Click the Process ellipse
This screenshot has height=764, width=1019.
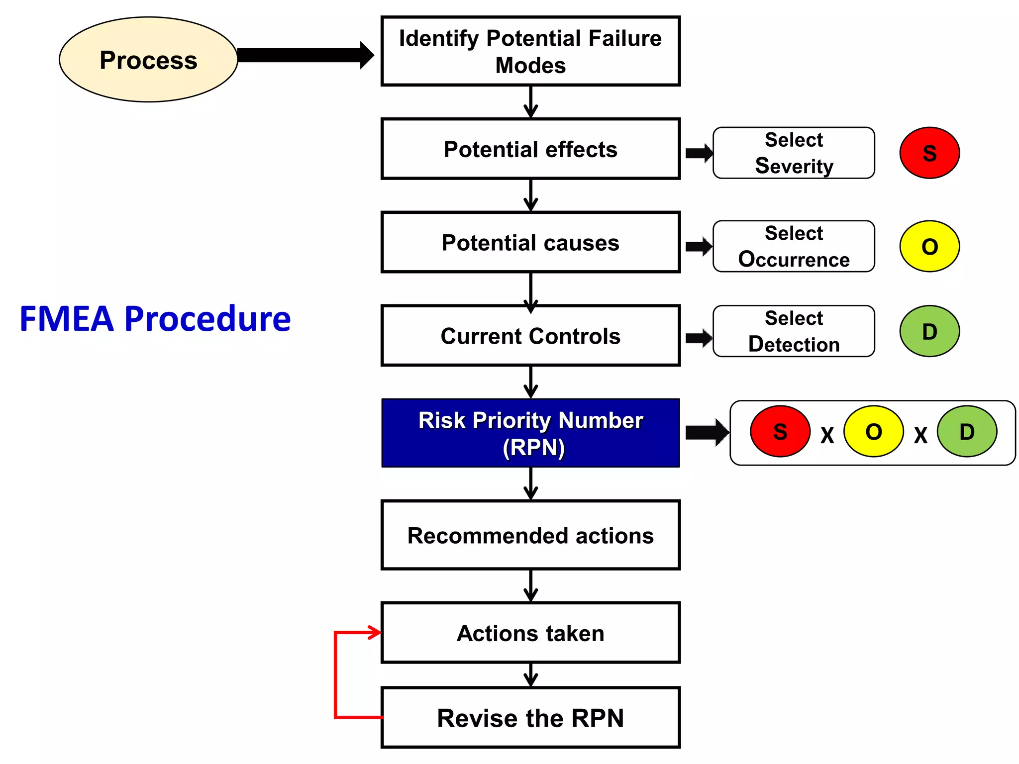148,60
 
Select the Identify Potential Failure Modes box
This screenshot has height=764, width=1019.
530,51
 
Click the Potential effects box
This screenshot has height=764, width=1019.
530,149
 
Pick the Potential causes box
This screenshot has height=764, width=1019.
530,242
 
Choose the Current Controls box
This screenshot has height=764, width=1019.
530,336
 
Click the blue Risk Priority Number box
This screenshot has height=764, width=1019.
530,433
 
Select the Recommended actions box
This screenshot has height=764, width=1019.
530,535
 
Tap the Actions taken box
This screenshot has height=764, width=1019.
530,633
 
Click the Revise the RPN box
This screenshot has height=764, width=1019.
530,717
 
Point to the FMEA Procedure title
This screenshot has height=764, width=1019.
155,318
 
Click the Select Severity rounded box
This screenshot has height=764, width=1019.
794,153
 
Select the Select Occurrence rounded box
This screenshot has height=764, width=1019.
794,246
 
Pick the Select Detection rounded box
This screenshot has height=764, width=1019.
794,331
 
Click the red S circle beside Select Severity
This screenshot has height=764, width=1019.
929,153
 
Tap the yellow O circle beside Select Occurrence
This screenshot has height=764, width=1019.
929,246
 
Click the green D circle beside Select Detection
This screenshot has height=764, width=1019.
929,331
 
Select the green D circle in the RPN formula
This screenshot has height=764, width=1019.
967,432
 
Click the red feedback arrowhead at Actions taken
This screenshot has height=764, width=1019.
375,633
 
